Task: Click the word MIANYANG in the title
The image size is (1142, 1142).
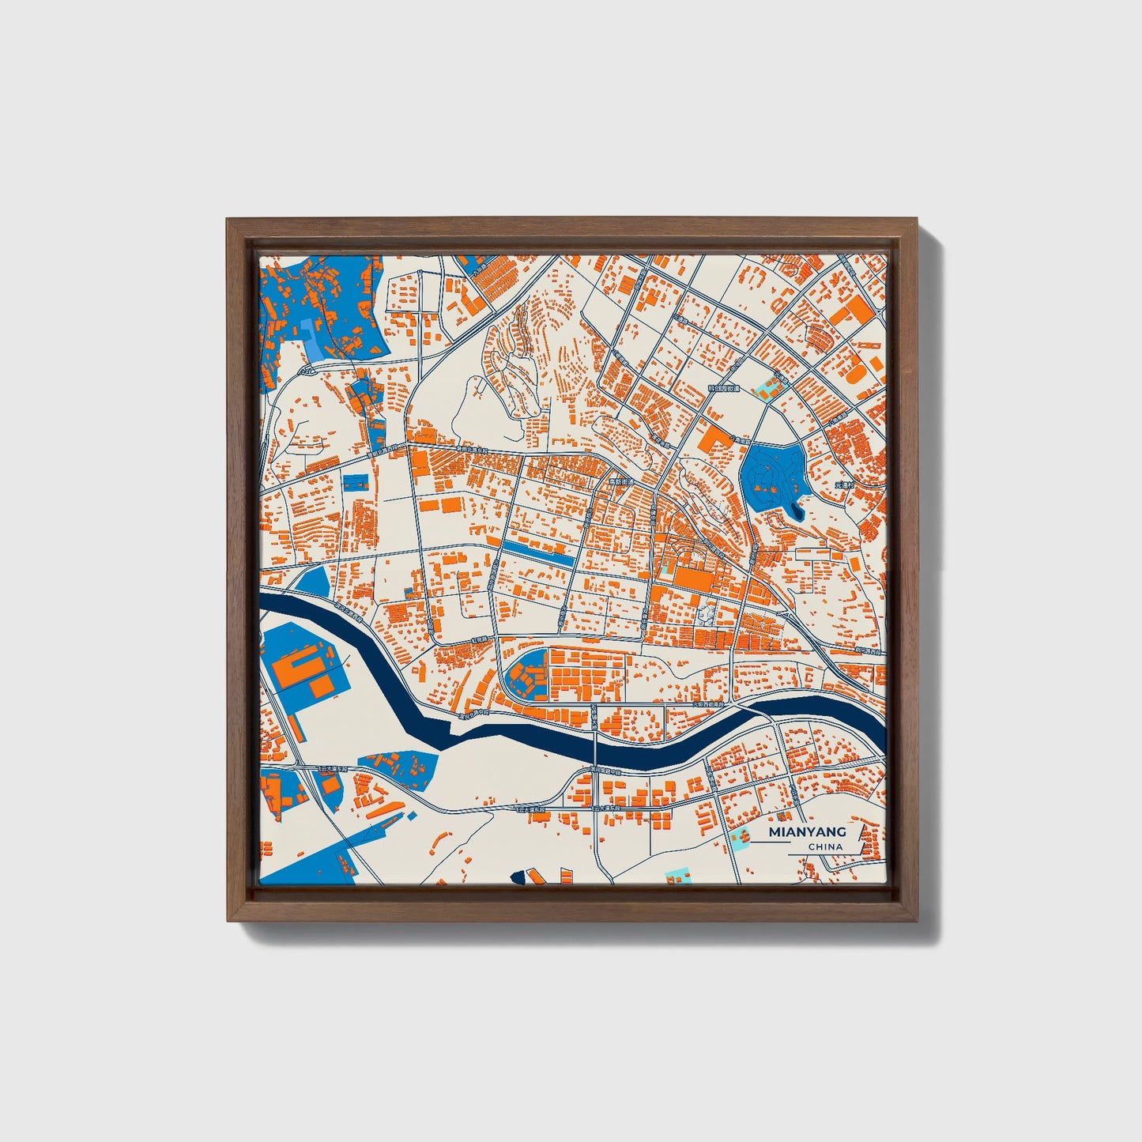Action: (x=807, y=831)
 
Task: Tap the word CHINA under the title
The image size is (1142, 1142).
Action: (x=825, y=846)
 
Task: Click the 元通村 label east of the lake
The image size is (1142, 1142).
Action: (x=845, y=484)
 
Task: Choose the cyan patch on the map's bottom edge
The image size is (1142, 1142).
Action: (x=677, y=876)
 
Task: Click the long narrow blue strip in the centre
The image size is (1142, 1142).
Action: (x=539, y=552)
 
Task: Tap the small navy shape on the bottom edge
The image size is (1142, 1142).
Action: (x=519, y=876)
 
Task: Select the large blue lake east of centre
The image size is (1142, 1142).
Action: (x=769, y=477)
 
